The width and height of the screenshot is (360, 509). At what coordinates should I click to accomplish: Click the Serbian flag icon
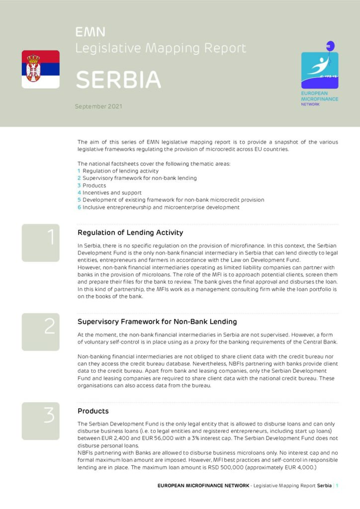(x=40, y=69)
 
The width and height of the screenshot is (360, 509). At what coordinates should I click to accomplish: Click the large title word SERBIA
(x=118, y=80)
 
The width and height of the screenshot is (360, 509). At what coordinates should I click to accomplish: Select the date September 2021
(x=98, y=106)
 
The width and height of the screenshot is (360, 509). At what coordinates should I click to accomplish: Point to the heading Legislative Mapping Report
(x=161, y=48)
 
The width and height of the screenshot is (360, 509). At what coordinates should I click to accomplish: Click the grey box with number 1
(x=40, y=243)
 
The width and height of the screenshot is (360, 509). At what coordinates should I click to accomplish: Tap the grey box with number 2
(x=40, y=332)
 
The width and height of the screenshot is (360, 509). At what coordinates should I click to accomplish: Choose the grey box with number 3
(x=40, y=421)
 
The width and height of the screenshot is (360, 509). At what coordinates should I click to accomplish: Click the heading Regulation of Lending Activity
(x=130, y=233)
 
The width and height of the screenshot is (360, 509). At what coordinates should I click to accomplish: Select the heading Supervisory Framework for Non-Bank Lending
(x=157, y=322)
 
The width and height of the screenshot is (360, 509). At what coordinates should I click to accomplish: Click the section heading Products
(x=93, y=411)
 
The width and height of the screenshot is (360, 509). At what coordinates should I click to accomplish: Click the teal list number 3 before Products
(x=79, y=185)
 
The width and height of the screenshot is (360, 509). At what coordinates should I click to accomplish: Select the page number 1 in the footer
(x=337, y=485)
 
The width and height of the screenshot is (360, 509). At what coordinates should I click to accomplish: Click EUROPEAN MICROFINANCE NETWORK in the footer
(x=203, y=485)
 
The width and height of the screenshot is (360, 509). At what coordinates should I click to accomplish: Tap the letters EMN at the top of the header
(x=90, y=32)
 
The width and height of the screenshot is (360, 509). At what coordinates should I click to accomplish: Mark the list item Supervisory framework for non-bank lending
(x=140, y=178)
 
